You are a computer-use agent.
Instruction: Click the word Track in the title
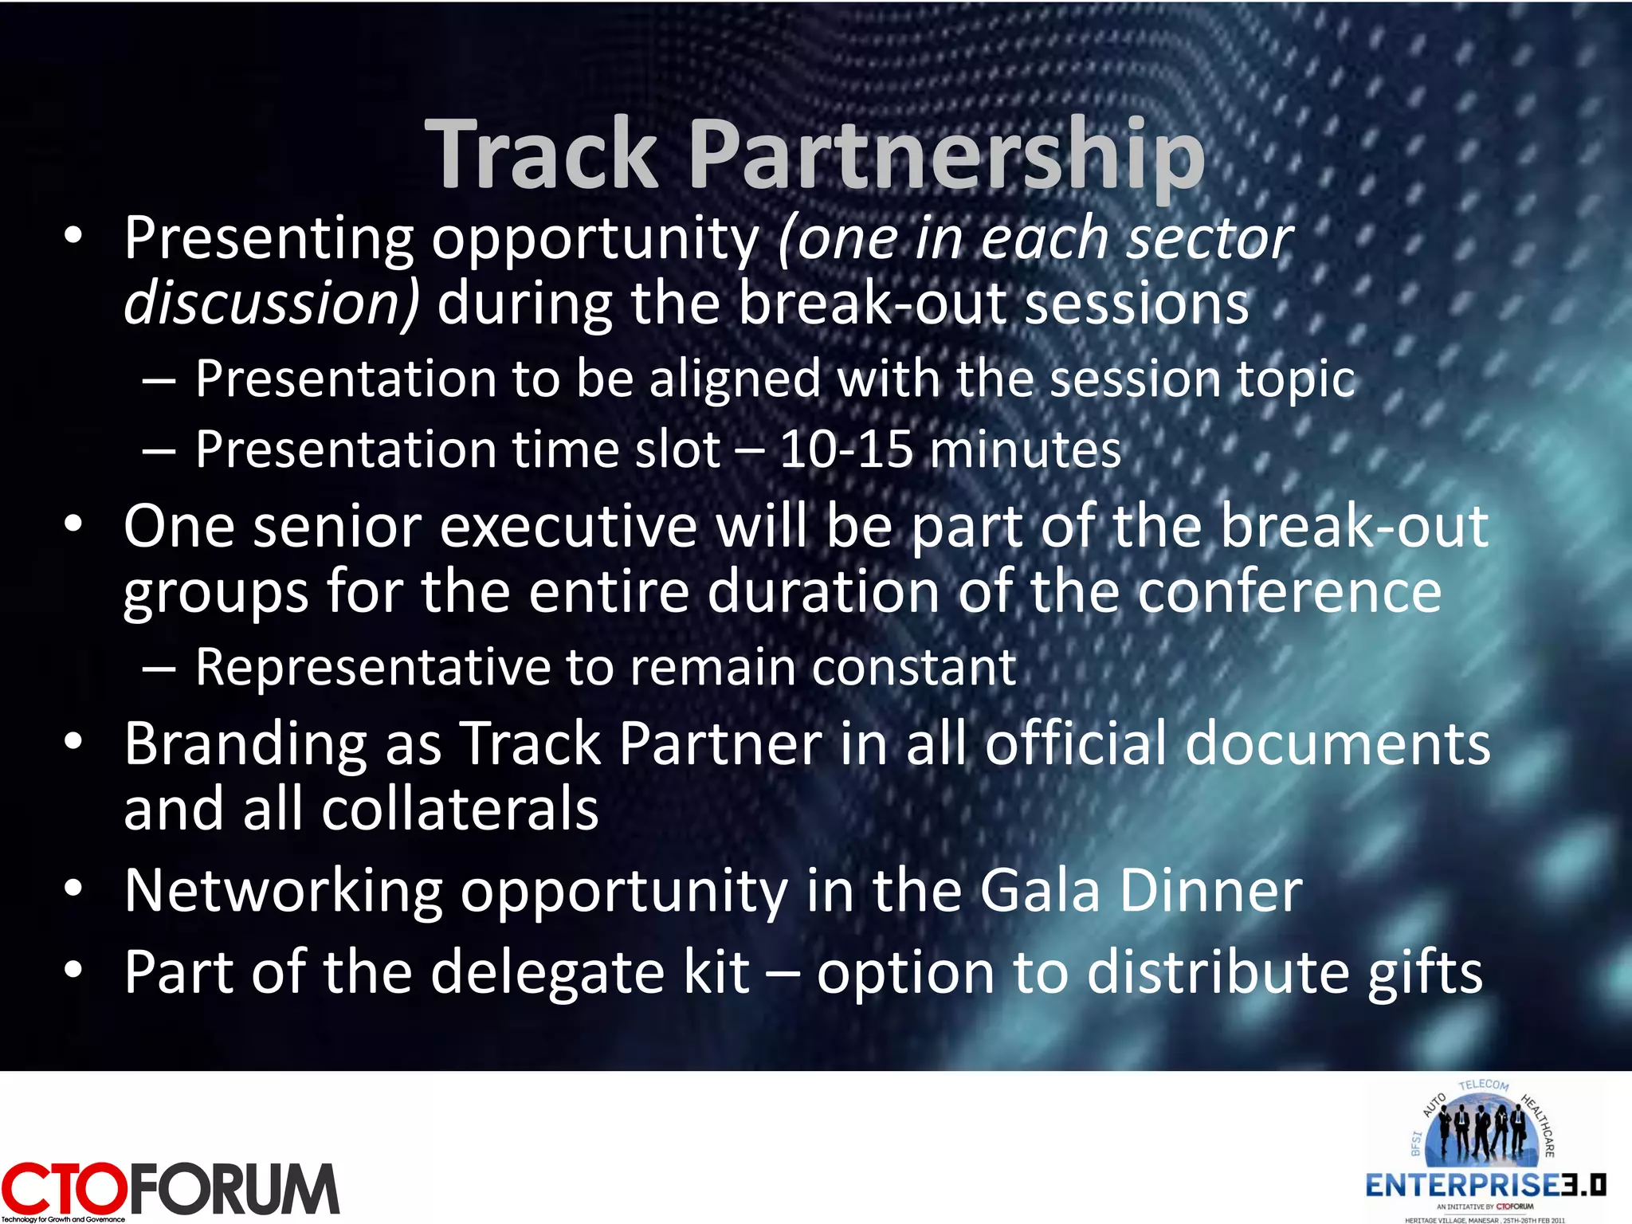(x=542, y=153)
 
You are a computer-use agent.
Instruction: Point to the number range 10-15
(x=845, y=449)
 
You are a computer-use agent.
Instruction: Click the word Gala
(x=1040, y=891)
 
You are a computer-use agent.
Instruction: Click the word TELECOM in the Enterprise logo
(x=1484, y=1085)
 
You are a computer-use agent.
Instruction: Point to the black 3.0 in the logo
(x=1583, y=1185)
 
